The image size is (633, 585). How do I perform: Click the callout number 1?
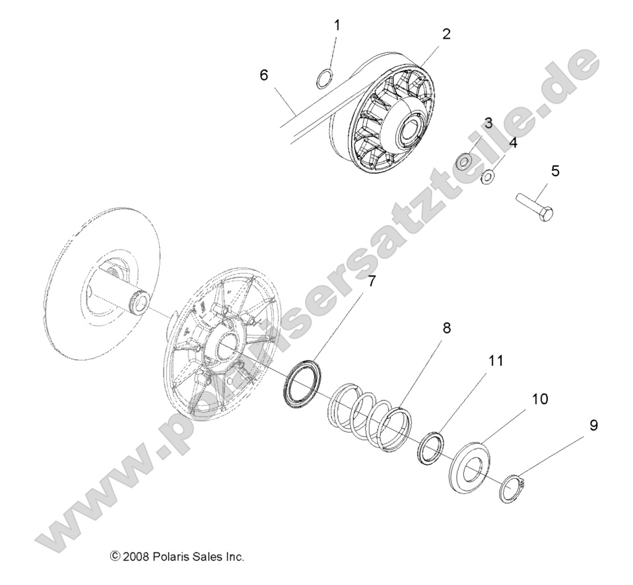click(x=337, y=26)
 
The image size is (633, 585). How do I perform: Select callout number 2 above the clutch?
click(x=446, y=34)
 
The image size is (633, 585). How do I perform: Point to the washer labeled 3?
click(x=465, y=161)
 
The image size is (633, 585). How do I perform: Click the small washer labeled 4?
click(x=489, y=176)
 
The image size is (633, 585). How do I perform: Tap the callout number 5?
click(x=554, y=171)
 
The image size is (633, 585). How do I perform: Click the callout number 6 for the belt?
click(x=264, y=75)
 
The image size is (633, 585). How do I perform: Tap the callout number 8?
click(x=446, y=328)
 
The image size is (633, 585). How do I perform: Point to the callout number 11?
click(x=496, y=361)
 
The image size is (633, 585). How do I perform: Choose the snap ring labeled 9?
click(x=512, y=489)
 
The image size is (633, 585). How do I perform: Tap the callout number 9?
click(x=593, y=425)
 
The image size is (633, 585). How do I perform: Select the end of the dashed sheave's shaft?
click(x=139, y=304)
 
